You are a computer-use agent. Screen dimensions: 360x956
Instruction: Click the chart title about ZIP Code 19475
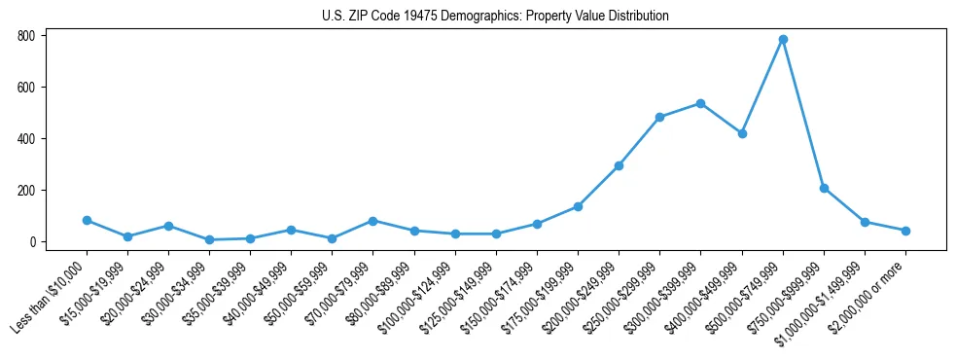(495, 17)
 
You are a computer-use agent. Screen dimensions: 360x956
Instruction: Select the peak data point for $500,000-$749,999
(783, 40)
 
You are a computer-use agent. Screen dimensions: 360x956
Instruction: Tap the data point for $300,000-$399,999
(700, 103)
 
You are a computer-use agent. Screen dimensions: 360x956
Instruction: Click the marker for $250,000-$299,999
(659, 117)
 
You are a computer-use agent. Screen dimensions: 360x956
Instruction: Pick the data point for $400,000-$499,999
(742, 133)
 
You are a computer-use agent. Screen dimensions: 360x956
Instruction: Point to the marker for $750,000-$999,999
(824, 188)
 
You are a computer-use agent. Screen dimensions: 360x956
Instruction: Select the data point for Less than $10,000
(87, 220)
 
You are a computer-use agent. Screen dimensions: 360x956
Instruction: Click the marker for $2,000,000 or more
(905, 231)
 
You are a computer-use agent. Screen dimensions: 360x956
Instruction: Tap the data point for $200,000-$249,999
(619, 165)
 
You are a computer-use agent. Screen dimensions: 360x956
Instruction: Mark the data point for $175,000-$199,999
(578, 206)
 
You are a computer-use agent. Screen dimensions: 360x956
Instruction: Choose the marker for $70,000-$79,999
(373, 221)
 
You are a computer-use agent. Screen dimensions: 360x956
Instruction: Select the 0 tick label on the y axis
(32, 242)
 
